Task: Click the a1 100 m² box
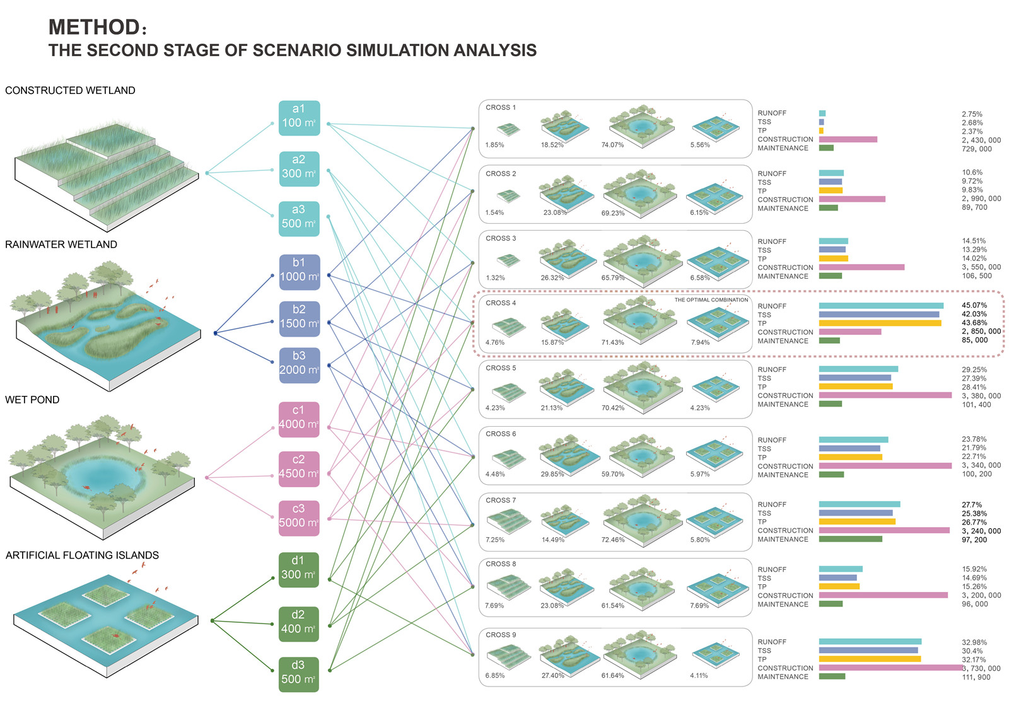click(299, 118)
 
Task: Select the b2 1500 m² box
click(299, 318)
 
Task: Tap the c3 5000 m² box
click(299, 518)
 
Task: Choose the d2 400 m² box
click(299, 624)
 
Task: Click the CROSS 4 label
click(501, 303)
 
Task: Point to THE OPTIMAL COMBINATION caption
click(711, 300)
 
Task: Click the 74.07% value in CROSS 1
click(612, 145)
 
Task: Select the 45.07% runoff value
click(974, 306)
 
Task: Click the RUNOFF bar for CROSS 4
click(881, 306)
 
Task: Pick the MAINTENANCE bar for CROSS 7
click(850, 539)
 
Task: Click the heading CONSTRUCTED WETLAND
click(70, 91)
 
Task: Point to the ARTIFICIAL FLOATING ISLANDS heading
click(82, 555)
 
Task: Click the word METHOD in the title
click(94, 27)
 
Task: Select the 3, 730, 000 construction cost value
click(982, 668)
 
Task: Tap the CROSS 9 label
click(501, 635)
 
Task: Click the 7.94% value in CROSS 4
click(700, 342)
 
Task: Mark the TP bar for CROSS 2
click(831, 190)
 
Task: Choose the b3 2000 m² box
click(299, 365)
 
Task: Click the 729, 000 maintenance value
click(977, 149)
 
